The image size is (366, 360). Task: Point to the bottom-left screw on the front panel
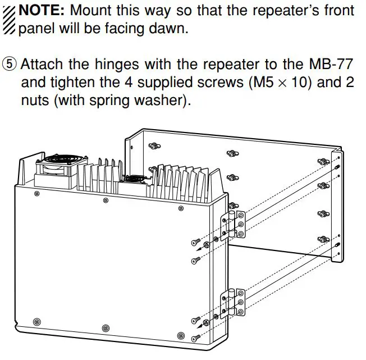[37, 321]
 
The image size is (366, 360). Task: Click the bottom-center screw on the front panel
[105, 327]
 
